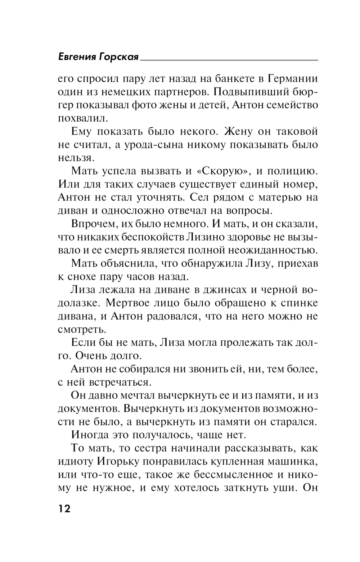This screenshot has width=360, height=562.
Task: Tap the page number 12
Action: click(x=64, y=509)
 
